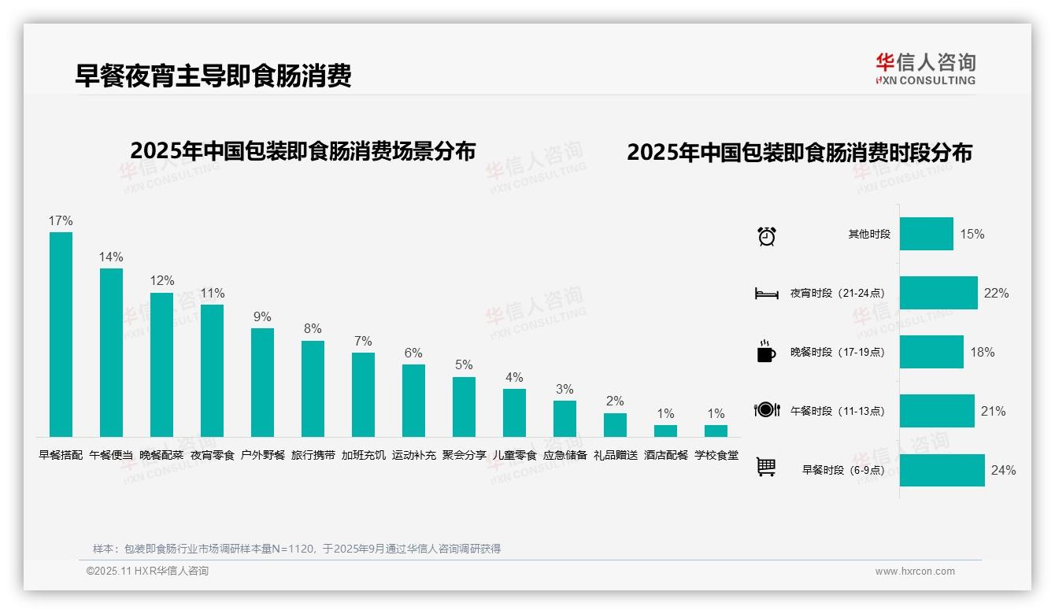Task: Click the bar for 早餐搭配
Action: pos(61,334)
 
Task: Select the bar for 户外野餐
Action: pos(262,382)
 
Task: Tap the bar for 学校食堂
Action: pos(716,431)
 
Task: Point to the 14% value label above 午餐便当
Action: pos(111,257)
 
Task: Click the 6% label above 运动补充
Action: pos(413,353)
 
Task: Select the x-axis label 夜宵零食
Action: pos(213,455)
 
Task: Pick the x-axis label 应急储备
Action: pos(565,455)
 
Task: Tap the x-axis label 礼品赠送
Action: pos(616,455)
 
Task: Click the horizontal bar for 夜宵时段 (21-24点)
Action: pos(938,293)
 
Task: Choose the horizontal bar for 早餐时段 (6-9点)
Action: pos(942,470)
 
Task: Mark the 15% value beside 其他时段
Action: pos(972,234)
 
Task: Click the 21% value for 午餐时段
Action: pos(994,411)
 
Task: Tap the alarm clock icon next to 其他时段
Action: pos(767,235)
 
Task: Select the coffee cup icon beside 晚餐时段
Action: pos(766,352)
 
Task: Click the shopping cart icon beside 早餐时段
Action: pos(766,468)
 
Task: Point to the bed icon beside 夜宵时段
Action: pos(766,294)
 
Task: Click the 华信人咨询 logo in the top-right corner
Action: pos(925,68)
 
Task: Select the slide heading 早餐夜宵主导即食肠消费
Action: pos(213,76)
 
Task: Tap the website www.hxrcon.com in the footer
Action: pos(915,571)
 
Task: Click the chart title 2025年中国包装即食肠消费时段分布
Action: pos(799,153)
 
